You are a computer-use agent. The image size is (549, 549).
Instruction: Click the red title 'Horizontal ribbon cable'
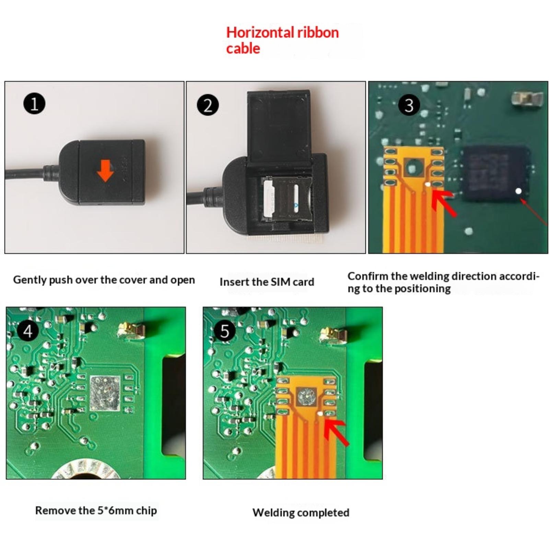click(282, 40)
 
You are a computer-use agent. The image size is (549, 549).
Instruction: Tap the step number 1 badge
click(34, 104)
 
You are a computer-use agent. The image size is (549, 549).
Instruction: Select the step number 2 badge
click(208, 105)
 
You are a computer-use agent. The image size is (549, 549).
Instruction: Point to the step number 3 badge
click(409, 105)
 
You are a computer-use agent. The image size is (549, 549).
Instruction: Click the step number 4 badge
click(27, 331)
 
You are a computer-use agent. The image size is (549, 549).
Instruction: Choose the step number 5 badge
click(224, 331)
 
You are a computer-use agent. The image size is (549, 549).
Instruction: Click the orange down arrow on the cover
click(105, 171)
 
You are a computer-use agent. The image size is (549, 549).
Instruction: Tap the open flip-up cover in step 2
click(279, 125)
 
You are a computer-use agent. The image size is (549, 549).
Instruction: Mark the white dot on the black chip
click(518, 191)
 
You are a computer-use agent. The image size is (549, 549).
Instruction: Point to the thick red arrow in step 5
click(336, 432)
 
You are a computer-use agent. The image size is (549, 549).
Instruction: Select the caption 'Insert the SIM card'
click(267, 282)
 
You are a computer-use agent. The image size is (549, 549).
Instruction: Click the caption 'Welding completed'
click(301, 513)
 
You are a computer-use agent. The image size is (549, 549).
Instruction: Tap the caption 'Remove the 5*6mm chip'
click(96, 511)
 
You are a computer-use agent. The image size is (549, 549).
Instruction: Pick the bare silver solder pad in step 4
click(105, 394)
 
